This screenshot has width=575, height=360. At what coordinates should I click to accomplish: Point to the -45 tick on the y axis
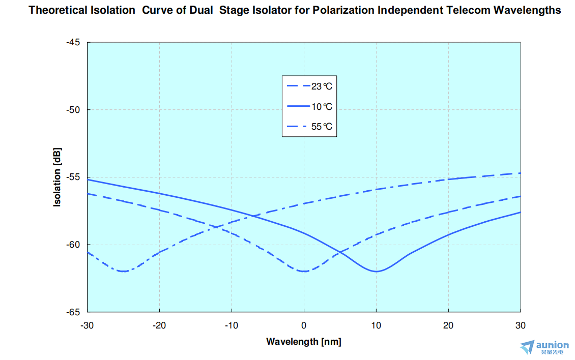pyautogui.click(x=73, y=42)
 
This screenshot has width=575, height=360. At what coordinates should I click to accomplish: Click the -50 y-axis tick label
pyautogui.click(x=73, y=110)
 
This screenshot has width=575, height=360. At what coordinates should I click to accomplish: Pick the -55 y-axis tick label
pyautogui.click(x=73, y=177)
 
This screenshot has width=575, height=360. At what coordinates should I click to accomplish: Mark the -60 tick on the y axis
pyautogui.click(x=73, y=245)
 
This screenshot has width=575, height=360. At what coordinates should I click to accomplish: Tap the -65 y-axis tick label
pyautogui.click(x=73, y=312)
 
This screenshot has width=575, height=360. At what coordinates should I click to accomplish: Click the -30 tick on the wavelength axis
pyautogui.click(x=88, y=325)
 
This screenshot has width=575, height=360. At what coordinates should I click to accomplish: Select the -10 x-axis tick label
pyautogui.click(x=232, y=325)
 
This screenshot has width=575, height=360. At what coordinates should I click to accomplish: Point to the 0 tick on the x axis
pyautogui.click(x=304, y=325)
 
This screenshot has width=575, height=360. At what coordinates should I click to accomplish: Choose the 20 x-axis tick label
pyautogui.click(x=448, y=325)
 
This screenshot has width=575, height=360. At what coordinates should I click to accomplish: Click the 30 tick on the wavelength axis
pyautogui.click(x=520, y=325)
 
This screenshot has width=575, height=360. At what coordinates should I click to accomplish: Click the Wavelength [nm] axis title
pyautogui.click(x=304, y=342)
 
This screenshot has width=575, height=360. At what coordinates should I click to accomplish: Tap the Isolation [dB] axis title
pyautogui.click(x=57, y=177)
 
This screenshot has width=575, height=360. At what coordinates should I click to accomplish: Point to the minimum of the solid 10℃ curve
pyautogui.click(x=376, y=272)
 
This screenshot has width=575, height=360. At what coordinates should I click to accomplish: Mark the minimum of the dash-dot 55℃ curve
pyautogui.click(x=123, y=272)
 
